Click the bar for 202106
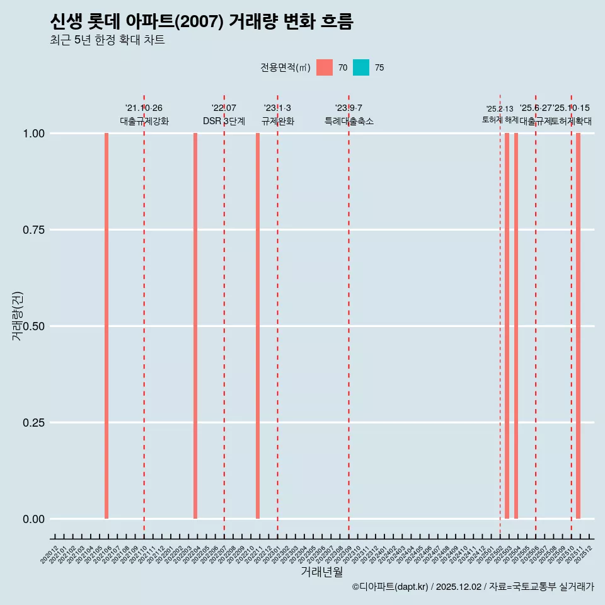[x=107, y=326]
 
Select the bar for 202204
[x=195, y=326]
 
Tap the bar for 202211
[x=258, y=326]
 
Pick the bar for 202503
[x=507, y=326]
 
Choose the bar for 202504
[x=516, y=326]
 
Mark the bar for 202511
[x=578, y=326]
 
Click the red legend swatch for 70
[x=325, y=67]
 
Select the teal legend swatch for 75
[x=361, y=67]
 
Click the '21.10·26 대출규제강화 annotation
[x=144, y=115]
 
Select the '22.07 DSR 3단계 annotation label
[x=224, y=115]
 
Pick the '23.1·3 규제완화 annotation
[x=277, y=115]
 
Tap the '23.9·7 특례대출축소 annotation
[x=349, y=115]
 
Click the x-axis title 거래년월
[x=322, y=572]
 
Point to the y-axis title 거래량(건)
[x=18, y=316]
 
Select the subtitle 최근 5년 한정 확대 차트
[x=107, y=40]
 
